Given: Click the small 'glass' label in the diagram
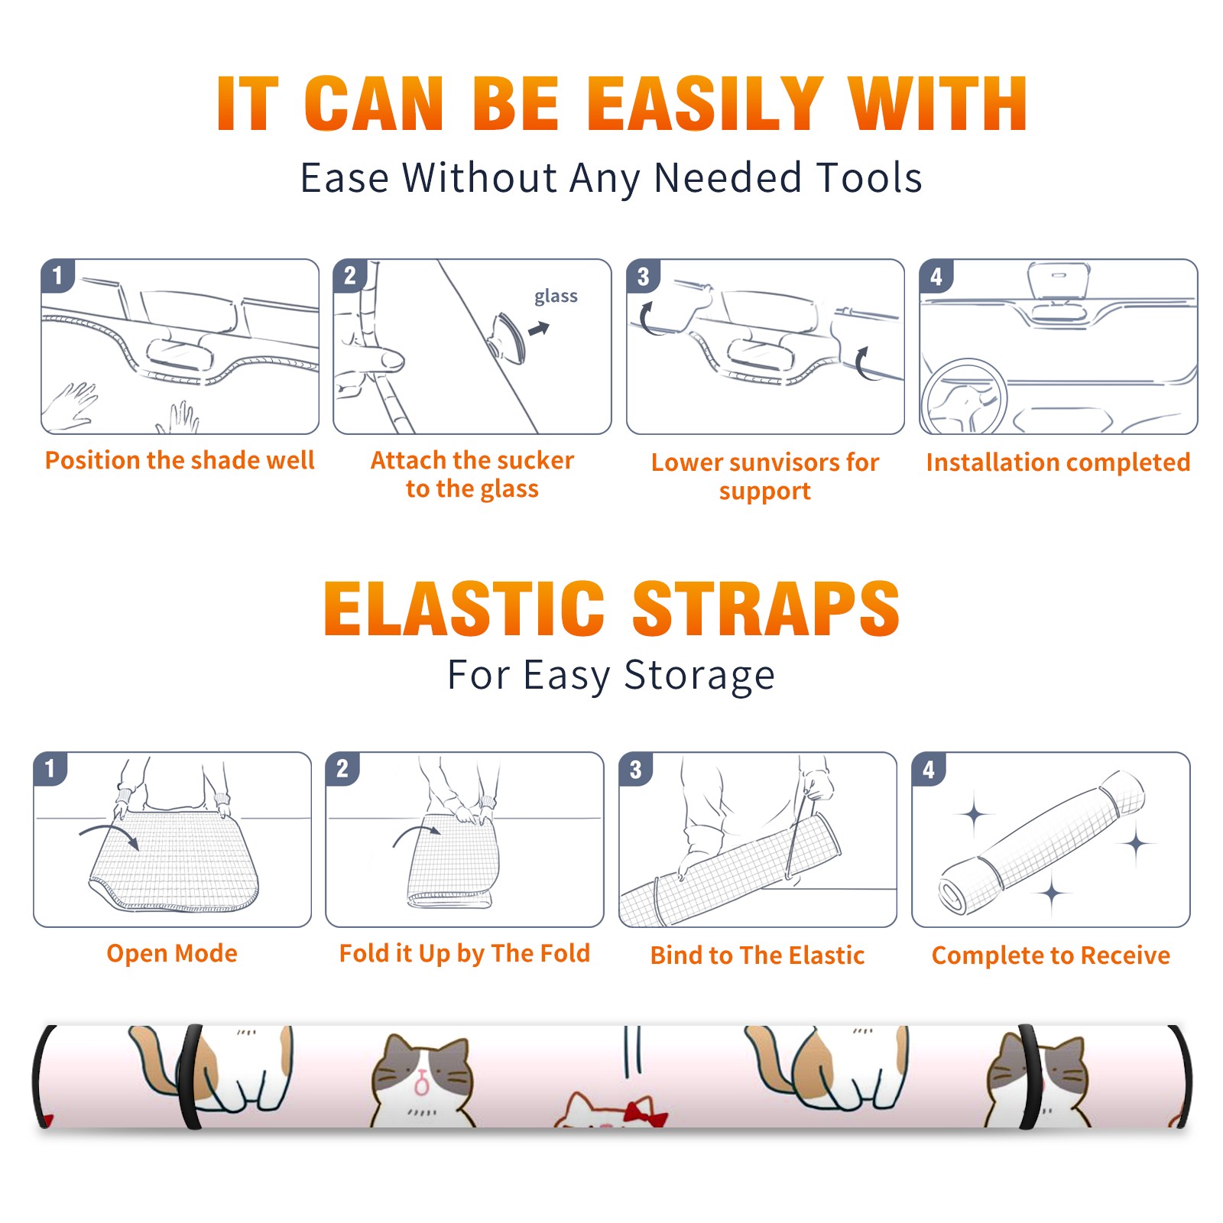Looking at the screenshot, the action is [556, 297].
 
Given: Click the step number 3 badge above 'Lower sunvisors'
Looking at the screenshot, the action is [643, 277].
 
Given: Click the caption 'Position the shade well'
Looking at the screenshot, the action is [180, 460].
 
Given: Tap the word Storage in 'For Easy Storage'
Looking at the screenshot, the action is [699, 676].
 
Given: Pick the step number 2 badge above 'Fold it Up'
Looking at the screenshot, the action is [342, 769].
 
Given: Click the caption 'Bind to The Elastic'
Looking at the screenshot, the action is [757, 955].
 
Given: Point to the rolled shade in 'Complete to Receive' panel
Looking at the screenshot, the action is [1042, 842].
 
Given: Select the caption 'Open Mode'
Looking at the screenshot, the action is [172, 953].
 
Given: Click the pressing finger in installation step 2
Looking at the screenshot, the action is [370, 359].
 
